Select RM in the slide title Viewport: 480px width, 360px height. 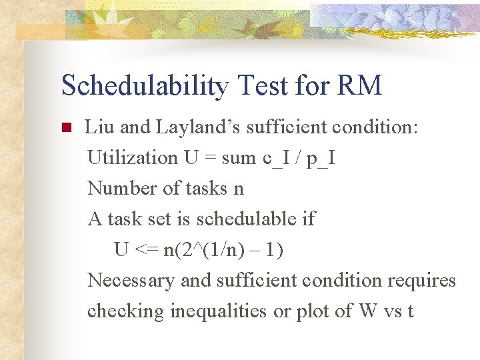click(360, 85)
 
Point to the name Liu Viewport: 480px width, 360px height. click(98, 127)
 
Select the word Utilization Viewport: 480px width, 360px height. click(132, 157)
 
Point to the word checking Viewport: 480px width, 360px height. click(126, 311)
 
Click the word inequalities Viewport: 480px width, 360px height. click(219, 311)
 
